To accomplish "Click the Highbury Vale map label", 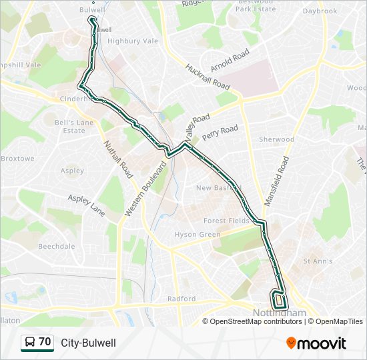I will click(x=133, y=41).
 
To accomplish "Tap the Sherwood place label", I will click(x=276, y=139).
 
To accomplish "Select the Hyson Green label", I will click(x=198, y=235).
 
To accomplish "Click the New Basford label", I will click(x=213, y=188).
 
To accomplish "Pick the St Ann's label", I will click(x=318, y=261).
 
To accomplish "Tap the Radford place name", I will click(x=181, y=299).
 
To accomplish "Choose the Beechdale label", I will click(x=57, y=246).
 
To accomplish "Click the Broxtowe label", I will click(x=17, y=159).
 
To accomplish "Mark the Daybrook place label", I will click(x=320, y=11).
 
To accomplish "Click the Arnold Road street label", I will click(x=230, y=61).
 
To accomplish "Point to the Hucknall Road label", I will click(x=208, y=77).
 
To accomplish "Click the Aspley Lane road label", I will click(x=87, y=205).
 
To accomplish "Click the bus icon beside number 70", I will click(x=30, y=343).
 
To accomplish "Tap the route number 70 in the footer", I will click(x=45, y=342).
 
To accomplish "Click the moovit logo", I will click(x=316, y=343).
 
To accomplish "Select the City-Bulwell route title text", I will click(x=88, y=343).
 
